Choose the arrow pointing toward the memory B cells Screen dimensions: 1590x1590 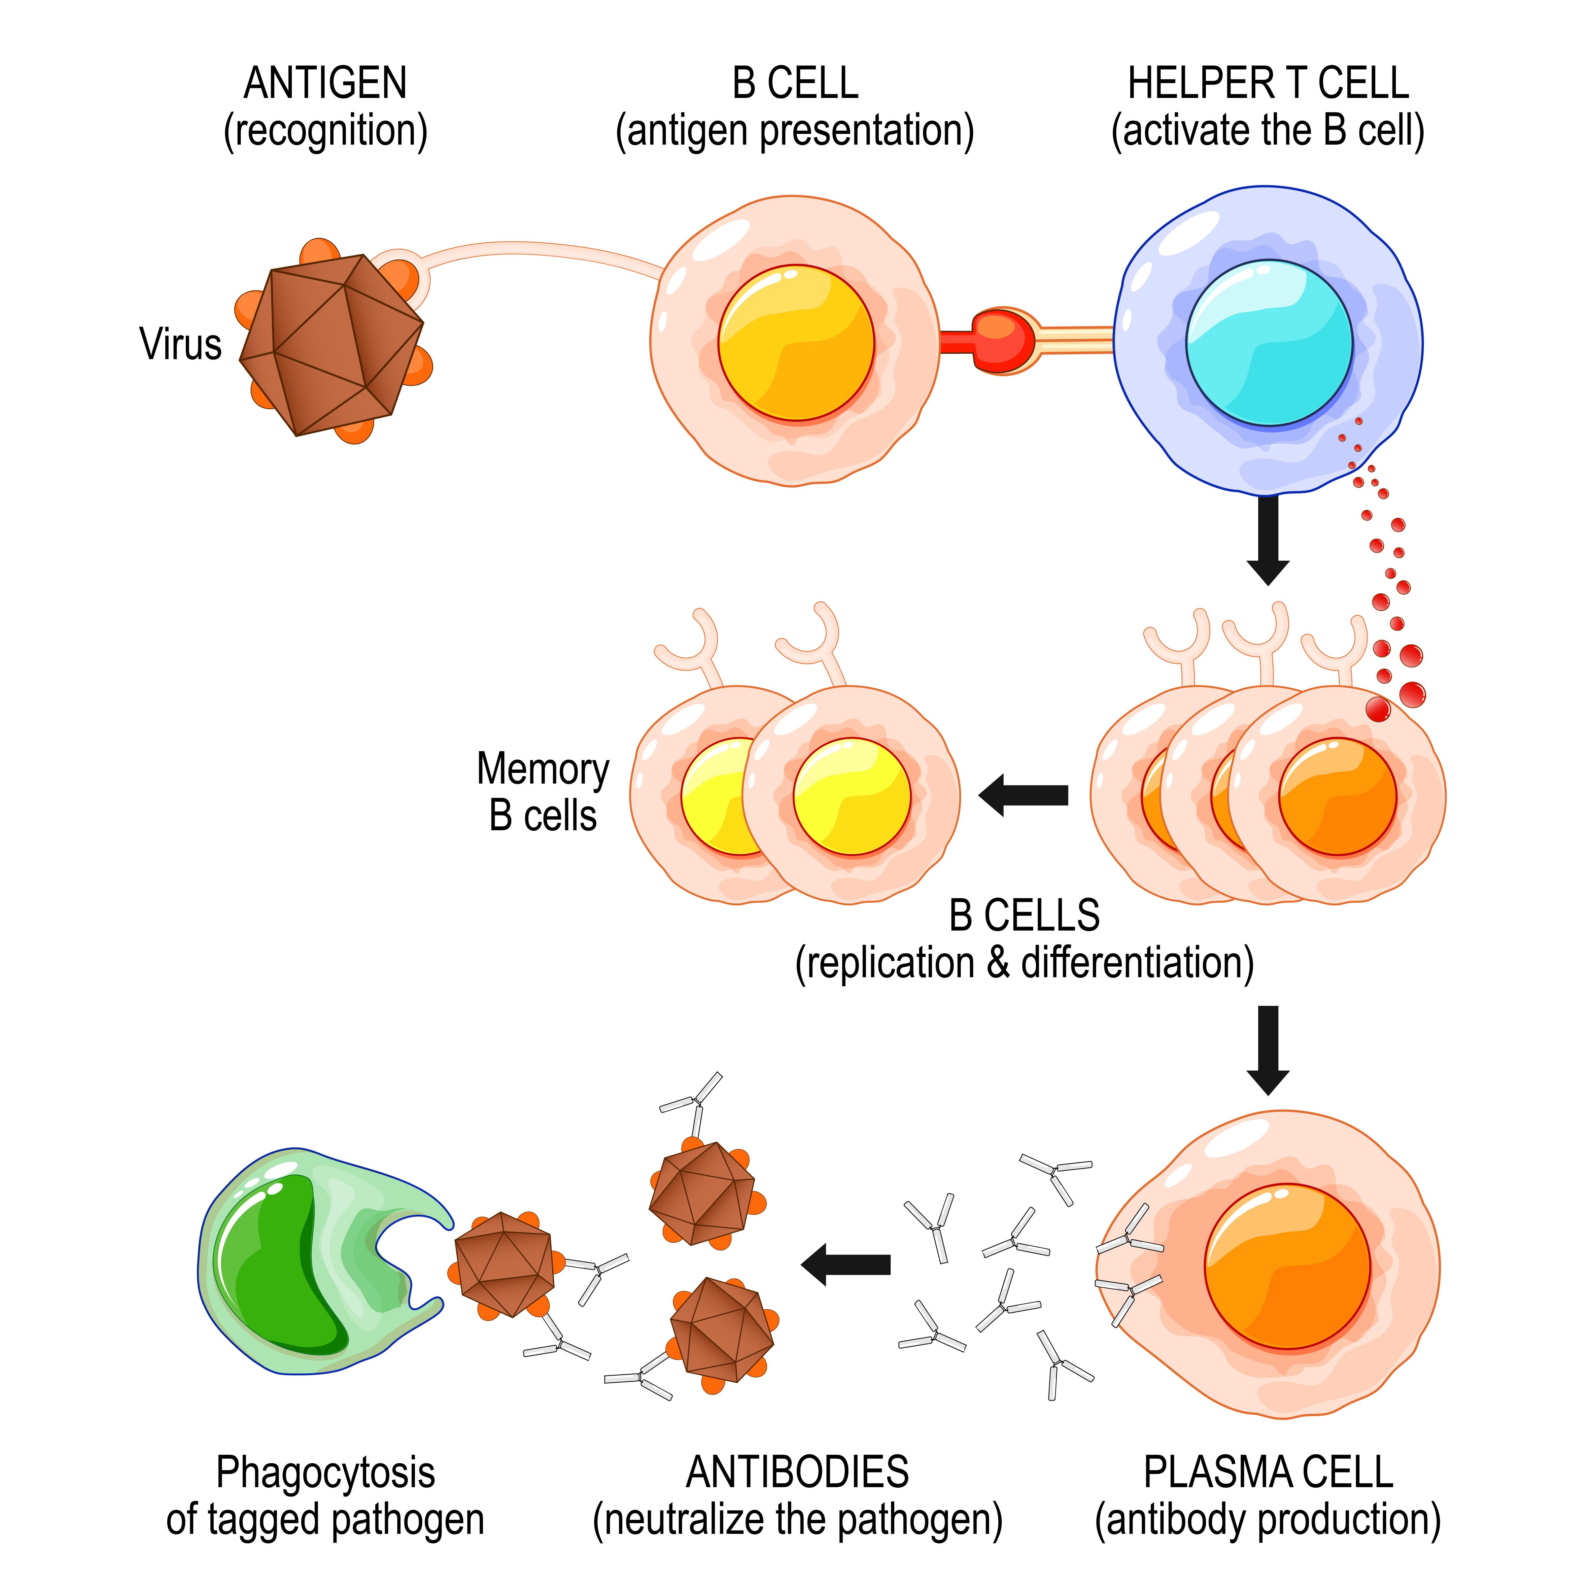click(1023, 795)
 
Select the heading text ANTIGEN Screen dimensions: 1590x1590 click(326, 83)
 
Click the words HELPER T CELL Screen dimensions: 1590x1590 click(1268, 83)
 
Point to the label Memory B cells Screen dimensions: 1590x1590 click(543, 792)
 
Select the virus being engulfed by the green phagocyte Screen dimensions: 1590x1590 click(504, 1264)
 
